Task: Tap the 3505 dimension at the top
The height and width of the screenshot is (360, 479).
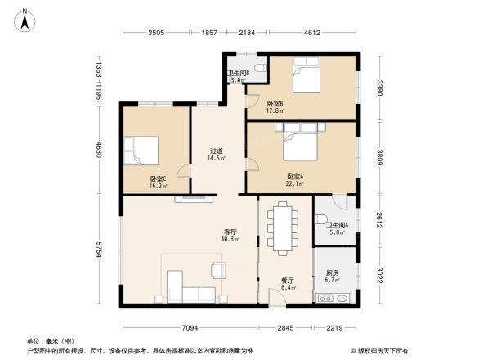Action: pyautogui.click(x=156, y=33)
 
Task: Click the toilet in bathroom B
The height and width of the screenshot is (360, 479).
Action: pyautogui.click(x=258, y=67)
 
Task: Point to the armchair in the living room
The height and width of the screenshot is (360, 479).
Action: pyautogui.click(x=218, y=269)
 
